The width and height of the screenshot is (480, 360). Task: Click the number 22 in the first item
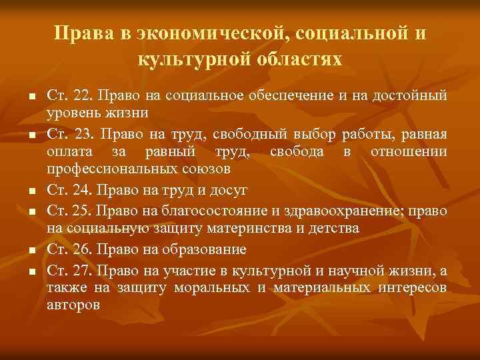pyautogui.click(x=83, y=96)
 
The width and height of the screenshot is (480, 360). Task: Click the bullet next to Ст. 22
pyautogui.click(x=31, y=97)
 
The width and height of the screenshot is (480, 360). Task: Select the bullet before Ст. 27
pyautogui.click(x=31, y=271)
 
